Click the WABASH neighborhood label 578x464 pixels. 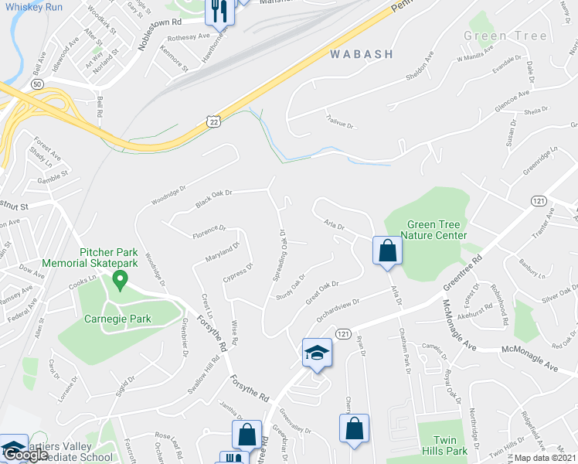pos(361,54)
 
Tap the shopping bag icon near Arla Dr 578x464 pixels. pos(387,251)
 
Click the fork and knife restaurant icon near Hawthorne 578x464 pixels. pos(218,11)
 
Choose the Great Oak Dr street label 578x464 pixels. pos(322,294)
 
